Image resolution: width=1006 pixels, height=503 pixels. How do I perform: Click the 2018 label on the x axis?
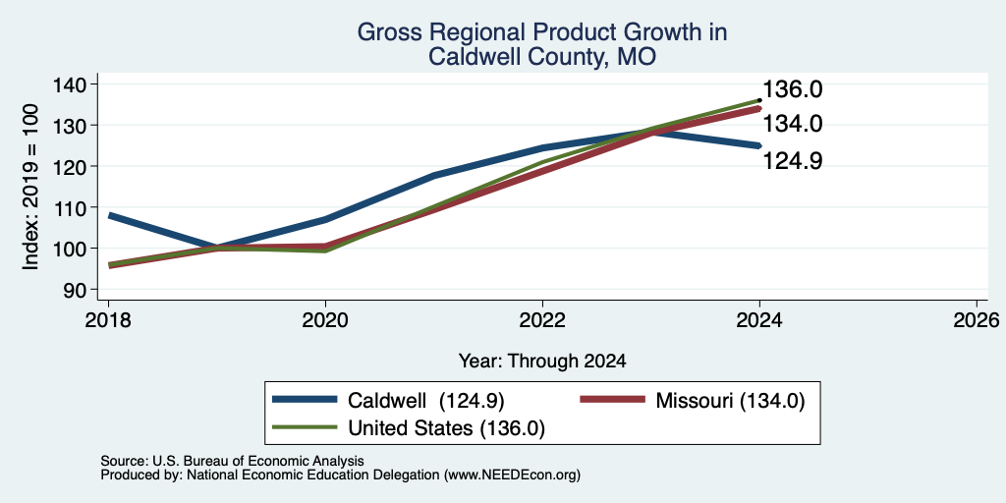click(x=108, y=319)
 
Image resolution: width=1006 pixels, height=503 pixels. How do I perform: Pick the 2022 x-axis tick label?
click(x=542, y=319)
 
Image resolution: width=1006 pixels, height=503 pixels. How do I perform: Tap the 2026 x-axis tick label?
click(x=977, y=319)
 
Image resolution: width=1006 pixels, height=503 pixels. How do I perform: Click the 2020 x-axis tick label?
click(x=325, y=319)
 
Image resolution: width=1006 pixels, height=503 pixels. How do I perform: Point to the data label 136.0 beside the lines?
click(x=793, y=89)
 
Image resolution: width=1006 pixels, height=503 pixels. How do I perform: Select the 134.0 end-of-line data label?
click(x=793, y=123)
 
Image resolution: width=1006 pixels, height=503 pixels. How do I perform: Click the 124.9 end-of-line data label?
click(x=793, y=161)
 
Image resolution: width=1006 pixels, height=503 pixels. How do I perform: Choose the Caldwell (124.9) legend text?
click(x=426, y=401)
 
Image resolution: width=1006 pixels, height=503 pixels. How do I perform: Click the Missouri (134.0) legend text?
click(x=730, y=401)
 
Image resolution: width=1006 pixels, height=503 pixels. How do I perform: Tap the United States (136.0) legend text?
click(x=447, y=428)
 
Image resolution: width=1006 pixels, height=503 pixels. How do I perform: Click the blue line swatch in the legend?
click(x=305, y=400)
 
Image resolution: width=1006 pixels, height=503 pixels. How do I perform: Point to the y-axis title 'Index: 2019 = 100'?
click(x=30, y=187)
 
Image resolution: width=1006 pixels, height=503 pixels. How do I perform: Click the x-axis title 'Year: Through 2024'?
click(x=542, y=362)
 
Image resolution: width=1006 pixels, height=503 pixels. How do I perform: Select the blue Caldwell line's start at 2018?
click(x=109, y=215)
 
